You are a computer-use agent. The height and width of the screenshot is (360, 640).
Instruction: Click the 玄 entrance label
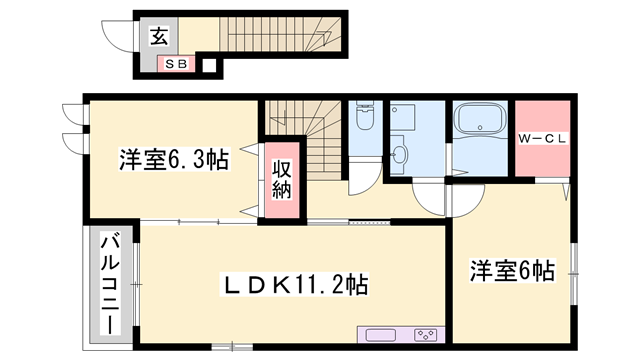(158, 37)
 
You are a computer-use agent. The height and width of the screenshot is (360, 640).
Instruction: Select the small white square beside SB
(209, 67)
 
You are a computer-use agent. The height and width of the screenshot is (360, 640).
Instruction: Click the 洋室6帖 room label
(512, 269)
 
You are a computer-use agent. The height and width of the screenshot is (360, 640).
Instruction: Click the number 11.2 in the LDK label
(319, 286)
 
